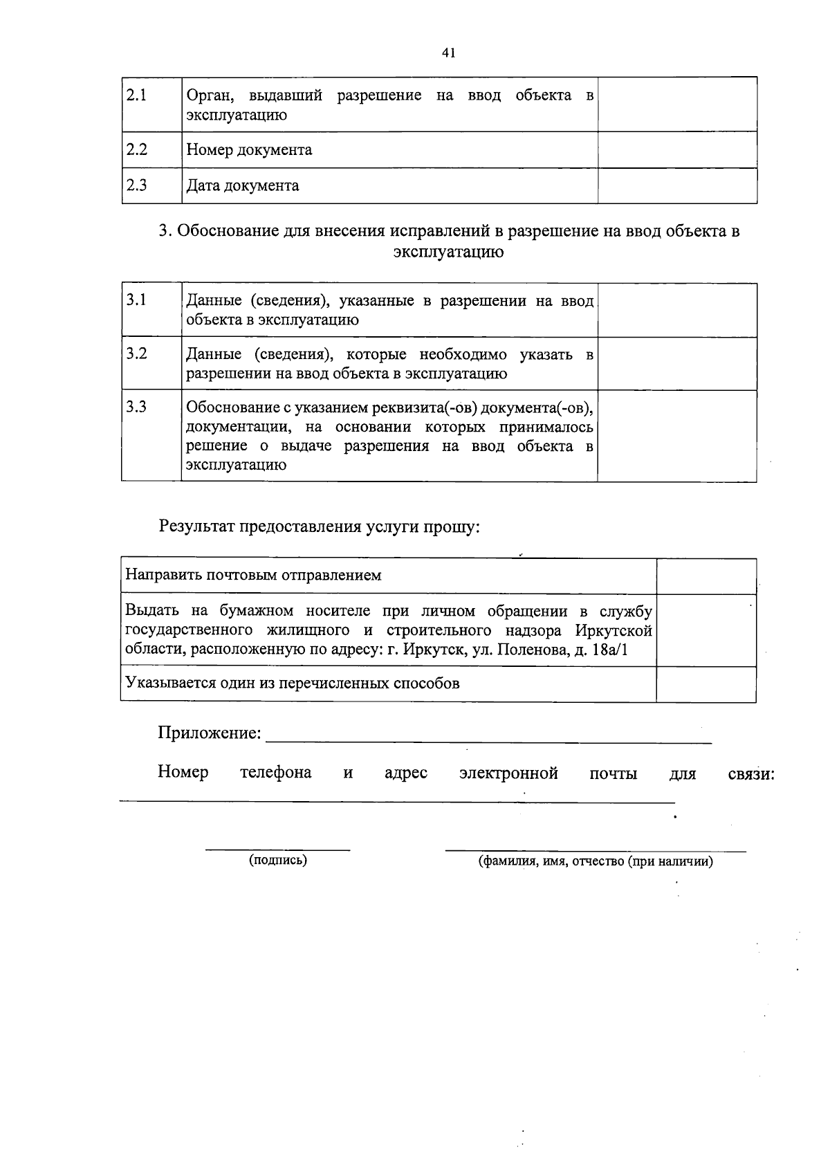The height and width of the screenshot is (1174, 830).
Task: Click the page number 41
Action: point(448,53)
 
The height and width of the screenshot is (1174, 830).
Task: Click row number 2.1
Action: point(137,95)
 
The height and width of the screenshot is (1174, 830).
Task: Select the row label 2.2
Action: point(137,149)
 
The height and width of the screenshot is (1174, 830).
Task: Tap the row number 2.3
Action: point(137,185)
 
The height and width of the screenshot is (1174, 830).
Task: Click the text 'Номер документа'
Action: point(249,150)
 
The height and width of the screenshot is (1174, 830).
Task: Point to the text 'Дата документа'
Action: point(243,186)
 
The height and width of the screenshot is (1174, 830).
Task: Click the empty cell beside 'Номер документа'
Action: point(677,150)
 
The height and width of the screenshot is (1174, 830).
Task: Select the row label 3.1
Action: point(137,300)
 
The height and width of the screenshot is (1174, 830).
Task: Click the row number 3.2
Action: point(137,354)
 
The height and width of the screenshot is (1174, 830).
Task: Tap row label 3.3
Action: point(137,407)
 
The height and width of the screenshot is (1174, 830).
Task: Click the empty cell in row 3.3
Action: point(677,436)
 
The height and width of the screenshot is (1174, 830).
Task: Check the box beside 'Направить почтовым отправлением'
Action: point(705,576)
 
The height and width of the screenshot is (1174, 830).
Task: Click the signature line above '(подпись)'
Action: point(278,848)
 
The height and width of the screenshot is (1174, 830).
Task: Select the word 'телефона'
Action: point(275,773)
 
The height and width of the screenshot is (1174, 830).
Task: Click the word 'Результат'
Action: point(197,527)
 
